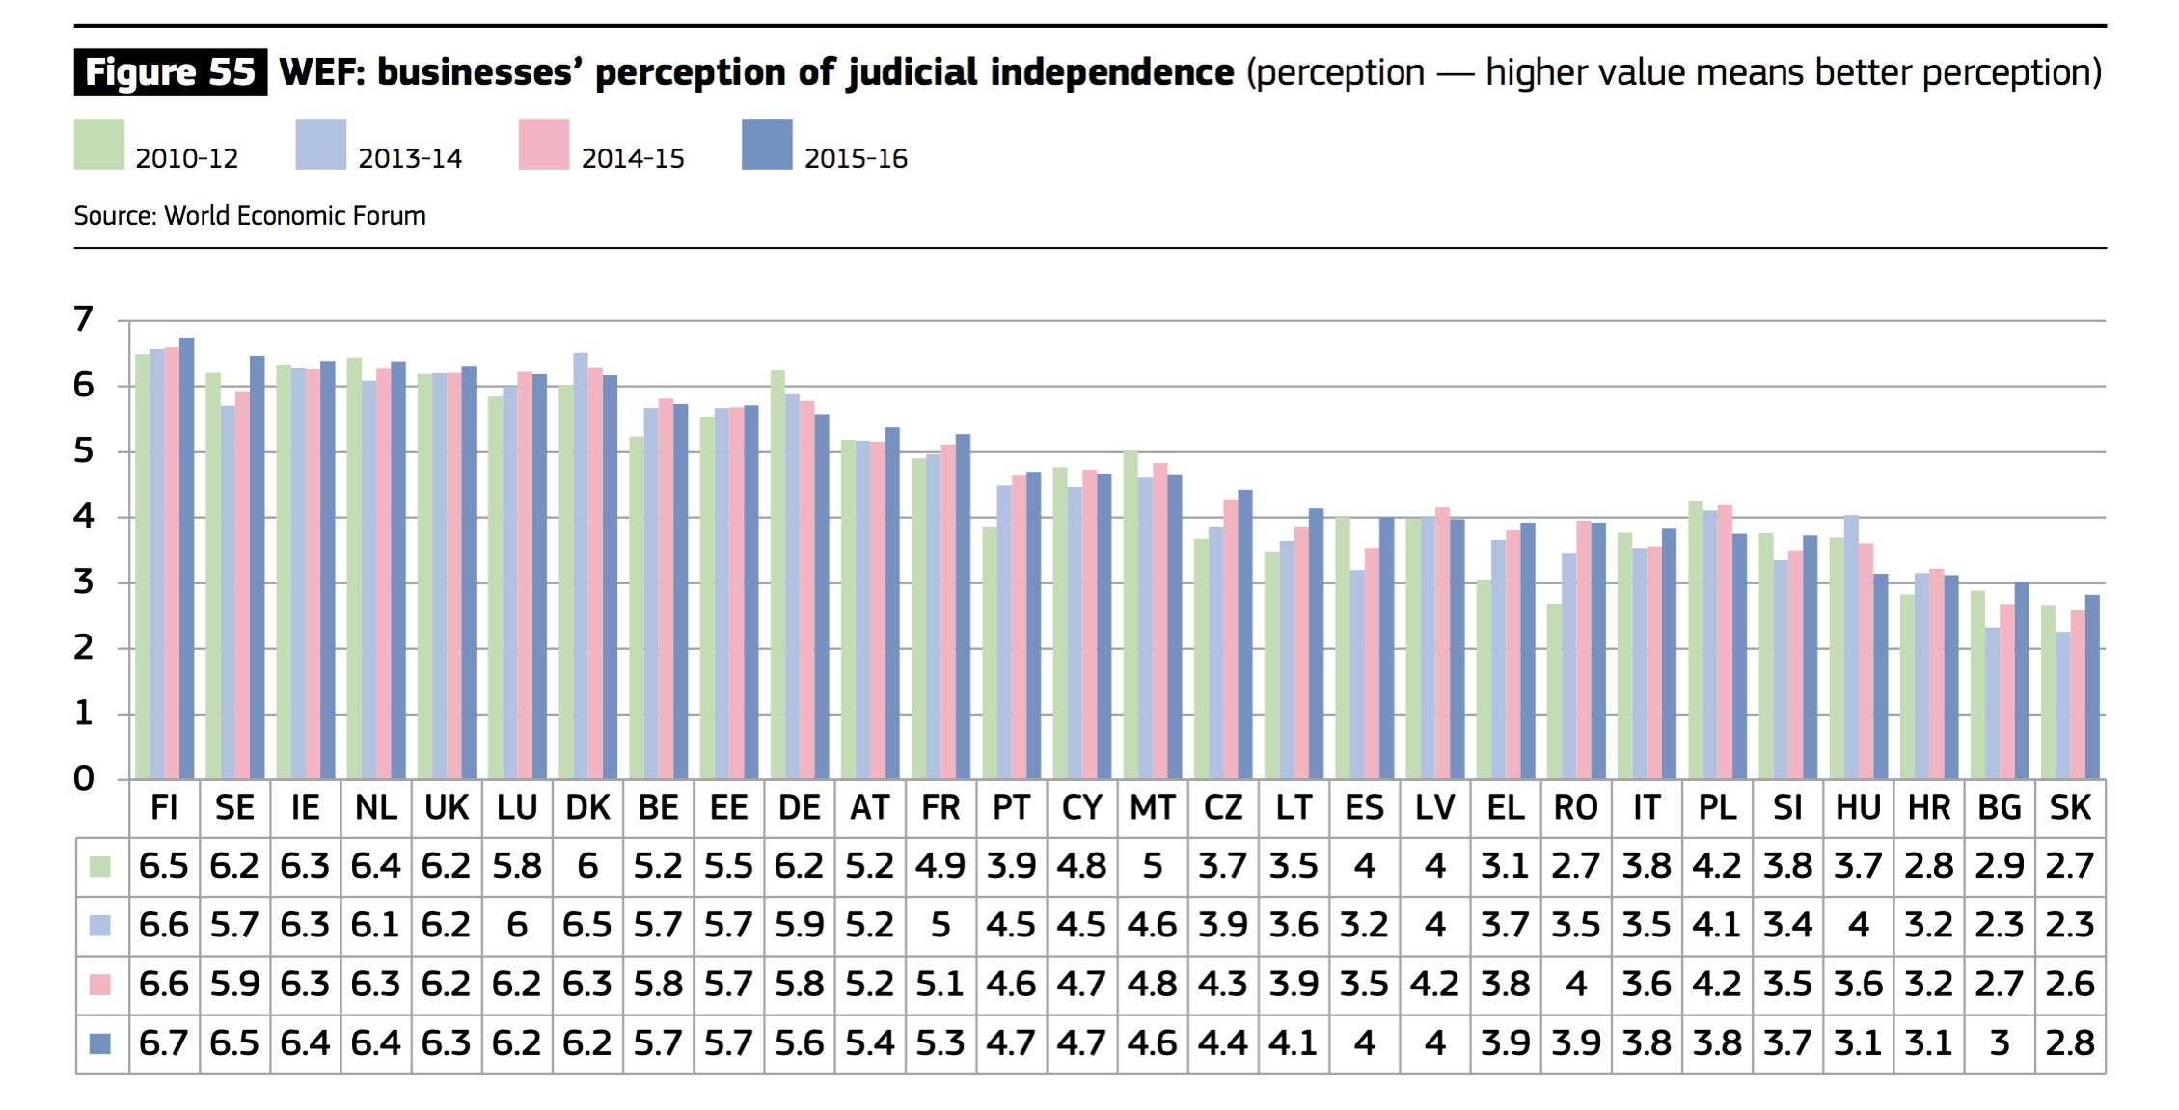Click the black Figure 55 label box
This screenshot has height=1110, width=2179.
(x=170, y=72)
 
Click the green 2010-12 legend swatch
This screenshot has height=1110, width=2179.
(x=99, y=145)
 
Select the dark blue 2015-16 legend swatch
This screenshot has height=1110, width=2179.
(x=767, y=145)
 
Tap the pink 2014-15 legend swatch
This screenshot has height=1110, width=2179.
(x=544, y=145)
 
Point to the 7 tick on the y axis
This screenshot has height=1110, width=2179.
(x=84, y=319)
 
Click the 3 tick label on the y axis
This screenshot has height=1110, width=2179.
(x=84, y=582)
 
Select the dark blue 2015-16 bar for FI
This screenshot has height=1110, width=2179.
(x=187, y=559)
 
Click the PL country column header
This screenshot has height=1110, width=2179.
(x=1717, y=808)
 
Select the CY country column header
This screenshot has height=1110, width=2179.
(x=1081, y=808)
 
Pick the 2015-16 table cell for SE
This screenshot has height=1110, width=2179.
(x=234, y=1043)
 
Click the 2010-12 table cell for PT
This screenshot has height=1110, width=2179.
(x=1011, y=866)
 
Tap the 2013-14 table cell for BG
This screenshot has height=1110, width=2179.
(x=1999, y=926)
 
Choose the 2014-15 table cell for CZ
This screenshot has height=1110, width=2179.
(x=1223, y=985)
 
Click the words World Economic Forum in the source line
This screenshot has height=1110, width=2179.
(x=295, y=216)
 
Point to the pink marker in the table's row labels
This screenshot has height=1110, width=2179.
(x=99, y=985)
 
